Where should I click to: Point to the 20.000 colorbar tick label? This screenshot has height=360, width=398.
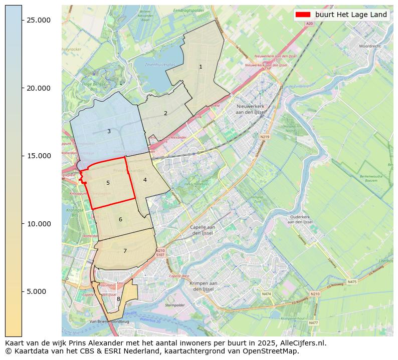click(38, 88)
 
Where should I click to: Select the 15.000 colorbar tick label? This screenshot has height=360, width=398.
click(38, 156)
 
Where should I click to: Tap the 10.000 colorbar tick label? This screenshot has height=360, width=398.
click(38, 224)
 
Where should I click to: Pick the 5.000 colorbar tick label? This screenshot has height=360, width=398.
click(40, 291)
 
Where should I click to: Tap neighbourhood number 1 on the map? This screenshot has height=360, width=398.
click(201, 67)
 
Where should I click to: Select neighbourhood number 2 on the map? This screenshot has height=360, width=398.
click(165, 113)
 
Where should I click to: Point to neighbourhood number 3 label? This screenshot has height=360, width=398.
click(109, 132)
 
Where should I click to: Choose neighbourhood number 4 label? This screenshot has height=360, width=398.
click(145, 180)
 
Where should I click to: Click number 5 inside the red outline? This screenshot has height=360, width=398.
click(108, 183)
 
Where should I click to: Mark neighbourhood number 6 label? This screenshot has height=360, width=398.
click(120, 219)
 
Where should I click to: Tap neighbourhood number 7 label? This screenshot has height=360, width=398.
click(125, 251)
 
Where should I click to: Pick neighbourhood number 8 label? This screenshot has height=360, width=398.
click(118, 299)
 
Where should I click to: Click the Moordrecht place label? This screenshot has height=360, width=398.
click(370, 46)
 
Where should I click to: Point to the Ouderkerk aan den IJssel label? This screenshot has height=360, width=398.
click(301, 219)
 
